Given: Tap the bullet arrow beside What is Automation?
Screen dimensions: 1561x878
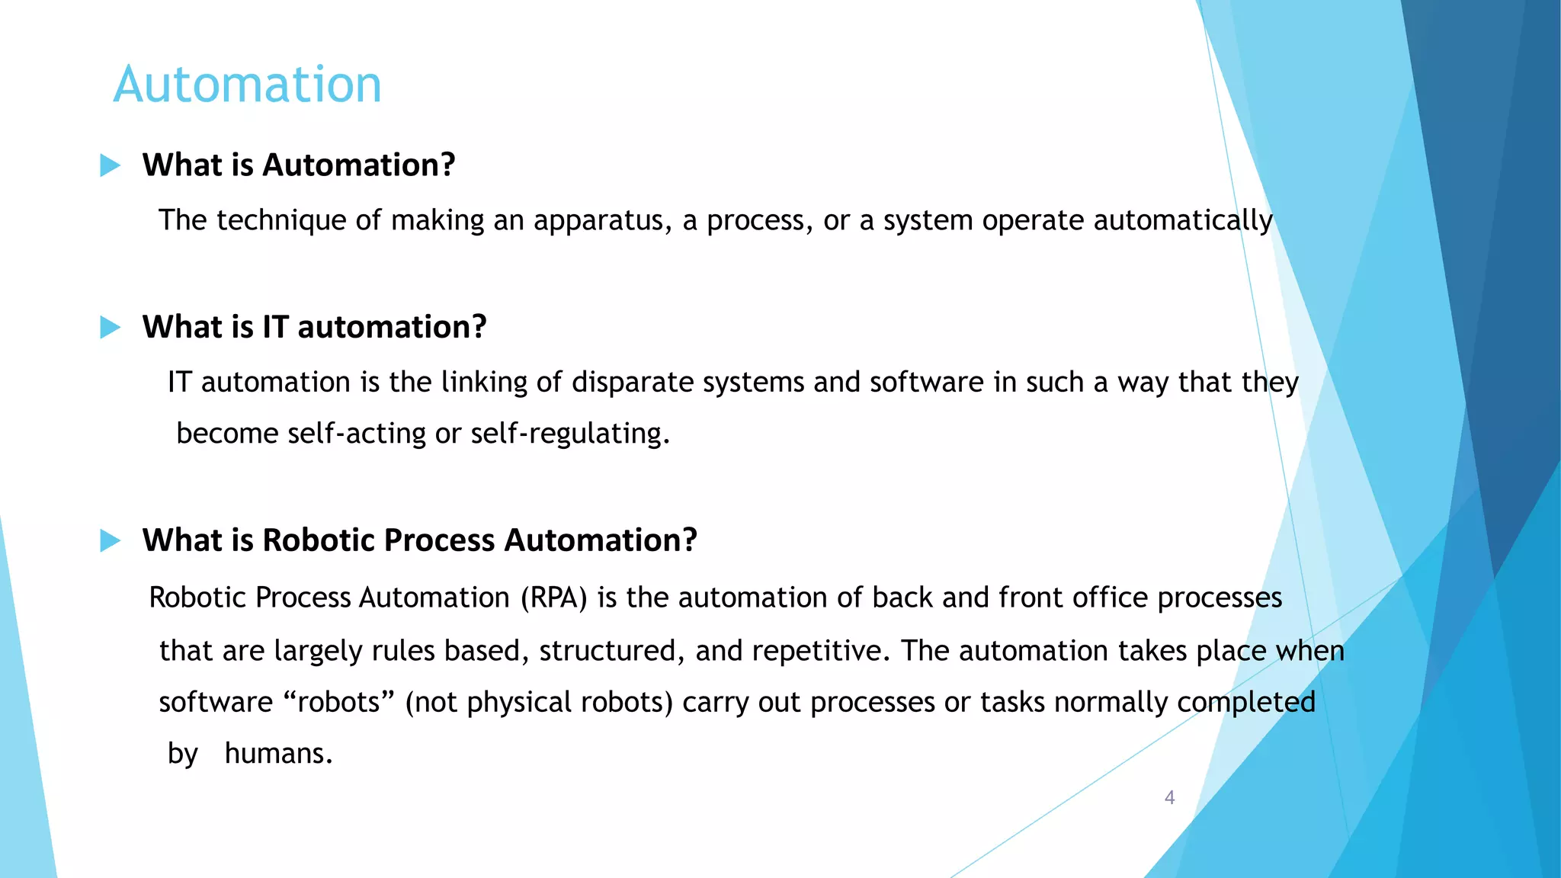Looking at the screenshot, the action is (x=111, y=165).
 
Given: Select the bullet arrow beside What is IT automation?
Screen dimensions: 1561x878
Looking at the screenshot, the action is (x=111, y=328).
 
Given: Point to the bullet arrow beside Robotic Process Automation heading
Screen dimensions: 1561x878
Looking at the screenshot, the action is (x=111, y=541).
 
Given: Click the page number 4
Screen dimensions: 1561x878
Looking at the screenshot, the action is (x=1169, y=798).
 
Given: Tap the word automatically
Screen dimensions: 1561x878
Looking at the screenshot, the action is (x=1182, y=221).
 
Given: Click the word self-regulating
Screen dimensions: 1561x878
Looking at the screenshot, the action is (x=569, y=434).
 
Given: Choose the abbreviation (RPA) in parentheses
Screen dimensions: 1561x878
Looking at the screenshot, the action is (x=554, y=598).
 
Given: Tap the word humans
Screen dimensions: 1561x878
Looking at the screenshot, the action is (x=278, y=754).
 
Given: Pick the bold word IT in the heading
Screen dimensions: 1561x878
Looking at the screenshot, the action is (x=275, y=327).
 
